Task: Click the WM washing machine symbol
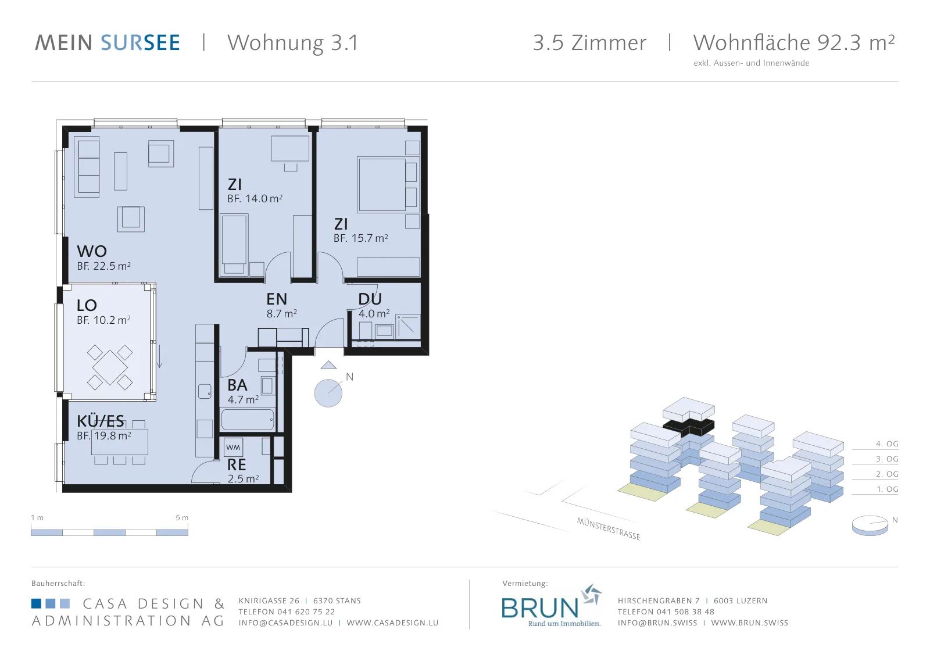(233, 448)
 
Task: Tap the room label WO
(92, 251)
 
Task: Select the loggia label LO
(87, 306)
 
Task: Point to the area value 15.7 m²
(370, 238)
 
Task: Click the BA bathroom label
(238, 385)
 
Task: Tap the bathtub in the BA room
(248, 420)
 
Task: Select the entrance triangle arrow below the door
(328, 365)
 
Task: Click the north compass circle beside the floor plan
(328, 393)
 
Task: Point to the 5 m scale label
(182, 518)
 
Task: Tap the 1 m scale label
(37, 518)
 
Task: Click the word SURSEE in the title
(140, 43)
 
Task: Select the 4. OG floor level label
(887, 444)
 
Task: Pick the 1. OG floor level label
(887, 489)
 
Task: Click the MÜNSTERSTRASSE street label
(608, 529)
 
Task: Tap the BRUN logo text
(540, 608)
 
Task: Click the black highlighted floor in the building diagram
(689, 427)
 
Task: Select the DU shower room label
(370, 299)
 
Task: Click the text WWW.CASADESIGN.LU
(392, 623)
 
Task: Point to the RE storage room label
(237, 464)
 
